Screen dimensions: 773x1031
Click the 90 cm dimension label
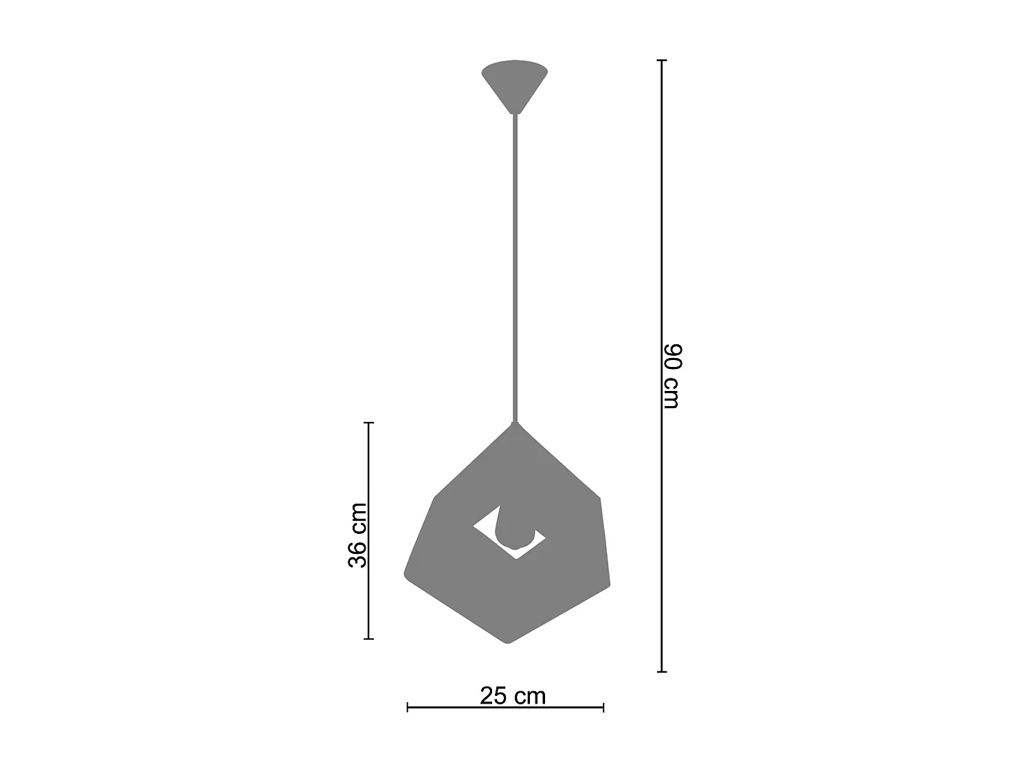(x=671, y=376)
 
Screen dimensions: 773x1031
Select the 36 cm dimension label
(x=357, y=535)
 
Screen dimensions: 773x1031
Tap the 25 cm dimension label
(x=513, y=696)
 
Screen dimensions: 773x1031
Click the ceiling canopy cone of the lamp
(x=515, y=83)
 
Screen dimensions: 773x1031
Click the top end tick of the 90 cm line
(x=662, y=60)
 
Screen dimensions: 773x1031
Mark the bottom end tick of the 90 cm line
(x=662, y=671)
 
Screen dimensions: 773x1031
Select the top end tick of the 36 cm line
(x=368, y=423)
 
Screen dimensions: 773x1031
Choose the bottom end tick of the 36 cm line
(x=368, y=639)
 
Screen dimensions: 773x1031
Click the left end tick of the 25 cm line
(x=408, y=707)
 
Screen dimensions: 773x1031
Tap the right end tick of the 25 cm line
(x=603, y=707)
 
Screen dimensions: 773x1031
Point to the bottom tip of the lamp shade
(x=508, y=642)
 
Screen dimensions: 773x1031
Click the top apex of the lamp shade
(x=514, y=423)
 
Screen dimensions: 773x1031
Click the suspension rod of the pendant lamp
(x=514, y=268)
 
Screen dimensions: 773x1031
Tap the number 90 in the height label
(x=671, y=357)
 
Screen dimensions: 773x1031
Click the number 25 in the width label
(x=494, y=696)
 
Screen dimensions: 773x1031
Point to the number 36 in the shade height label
(x=357, y=554)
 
